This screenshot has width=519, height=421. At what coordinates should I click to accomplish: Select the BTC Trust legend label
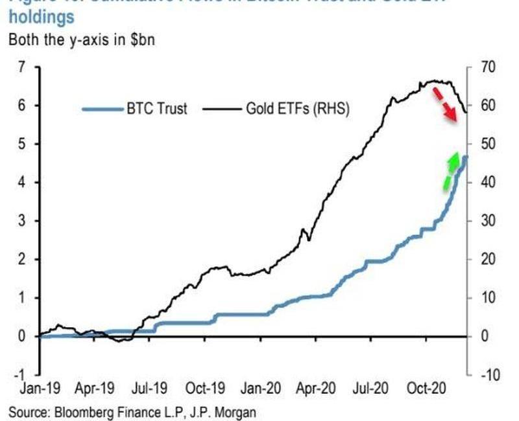(x=157, y=108)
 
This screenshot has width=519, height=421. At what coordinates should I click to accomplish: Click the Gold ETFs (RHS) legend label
(x=298, y=108)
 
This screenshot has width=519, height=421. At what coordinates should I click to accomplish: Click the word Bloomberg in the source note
(x=84, y=411)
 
